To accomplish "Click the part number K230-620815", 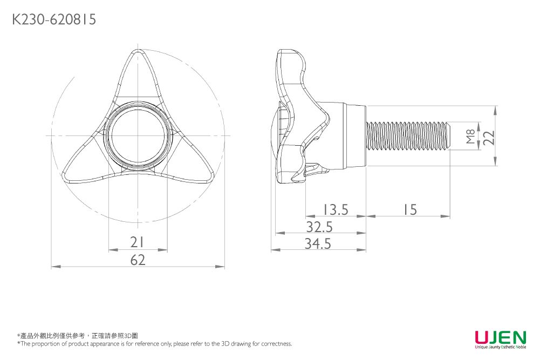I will (54, 20).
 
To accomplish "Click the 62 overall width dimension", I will (138, 260).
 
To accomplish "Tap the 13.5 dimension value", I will (336, 209).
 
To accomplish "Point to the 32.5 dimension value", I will (319, 227).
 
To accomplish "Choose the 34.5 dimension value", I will (318, 244).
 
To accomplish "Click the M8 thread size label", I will (470, 136).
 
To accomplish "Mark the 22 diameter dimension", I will (489, 137).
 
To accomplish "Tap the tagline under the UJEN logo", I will (500, 347).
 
